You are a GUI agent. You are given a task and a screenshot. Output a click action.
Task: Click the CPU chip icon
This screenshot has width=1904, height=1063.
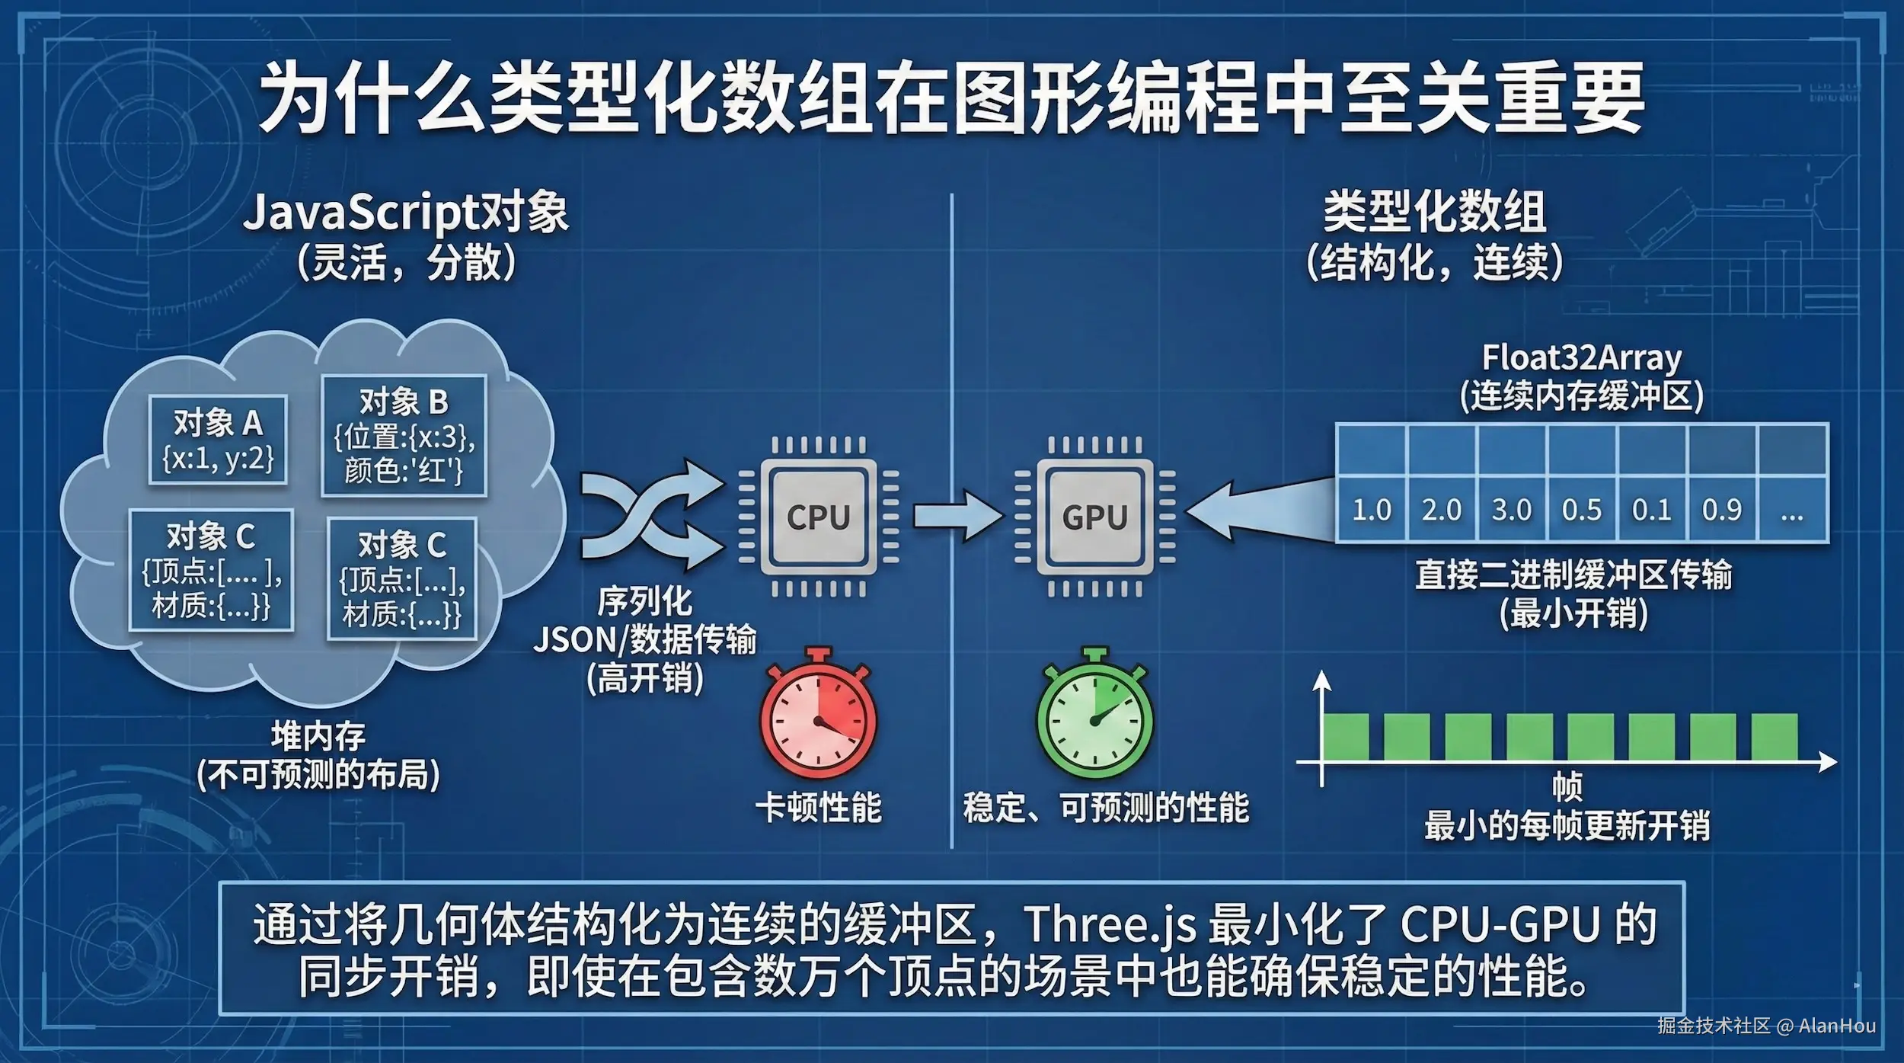pos(818,517)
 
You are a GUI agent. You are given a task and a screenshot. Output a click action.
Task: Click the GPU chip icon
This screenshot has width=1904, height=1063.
pos(1094,517)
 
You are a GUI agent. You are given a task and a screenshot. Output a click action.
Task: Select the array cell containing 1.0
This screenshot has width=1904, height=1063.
pos(1371,509)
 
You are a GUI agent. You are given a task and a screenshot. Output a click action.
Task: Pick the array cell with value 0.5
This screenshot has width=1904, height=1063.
pos(1582,509)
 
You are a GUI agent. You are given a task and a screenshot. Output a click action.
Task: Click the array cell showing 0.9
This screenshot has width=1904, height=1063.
pos(1722,509)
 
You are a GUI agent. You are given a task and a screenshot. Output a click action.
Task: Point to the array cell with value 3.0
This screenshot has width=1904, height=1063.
pos(1512,509)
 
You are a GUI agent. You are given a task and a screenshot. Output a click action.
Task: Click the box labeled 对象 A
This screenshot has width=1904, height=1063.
pos(218,440)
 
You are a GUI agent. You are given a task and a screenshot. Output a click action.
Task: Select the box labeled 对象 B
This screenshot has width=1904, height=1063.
pos(404,436)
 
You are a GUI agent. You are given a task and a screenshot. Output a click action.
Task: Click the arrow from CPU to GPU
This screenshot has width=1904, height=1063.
pos(958,516)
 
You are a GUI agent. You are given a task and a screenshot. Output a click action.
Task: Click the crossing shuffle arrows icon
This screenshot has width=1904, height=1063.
pos(651,514)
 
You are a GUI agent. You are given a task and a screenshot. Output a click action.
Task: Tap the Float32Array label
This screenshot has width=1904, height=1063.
pos(1581,357)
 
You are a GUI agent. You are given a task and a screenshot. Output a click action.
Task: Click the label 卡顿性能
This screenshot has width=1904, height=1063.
pos(818,808)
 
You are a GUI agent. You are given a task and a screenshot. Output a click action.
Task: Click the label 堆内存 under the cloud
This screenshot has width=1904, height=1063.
pos(318,736)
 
